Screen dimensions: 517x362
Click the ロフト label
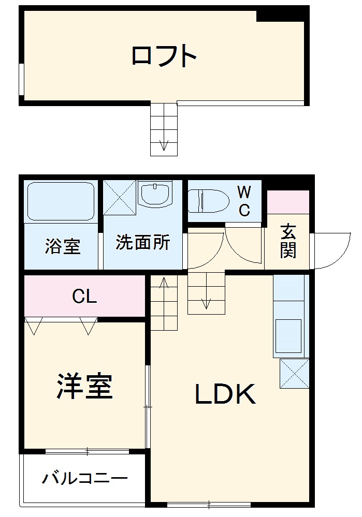coord(164,56)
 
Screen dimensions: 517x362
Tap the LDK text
coord(225,395)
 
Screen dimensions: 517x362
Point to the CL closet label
coord(84,297)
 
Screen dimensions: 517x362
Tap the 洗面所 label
coord(142,243)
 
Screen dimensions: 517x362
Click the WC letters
coord(244,201)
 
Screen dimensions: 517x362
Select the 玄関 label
coord(288,242)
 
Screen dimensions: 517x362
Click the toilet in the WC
coord(209,200)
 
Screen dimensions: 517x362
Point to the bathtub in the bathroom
coord(60,201)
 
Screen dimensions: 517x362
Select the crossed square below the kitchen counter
coord(294,373)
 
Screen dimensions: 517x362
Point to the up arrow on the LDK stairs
coord(164,285)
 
